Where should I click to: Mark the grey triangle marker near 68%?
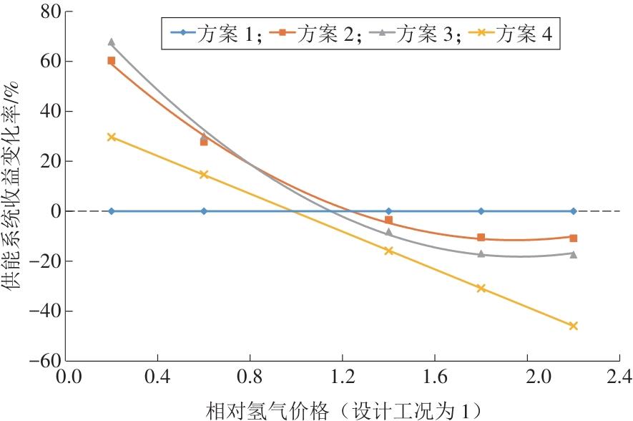tap(111, 42)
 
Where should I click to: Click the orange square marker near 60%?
tap(111, 61)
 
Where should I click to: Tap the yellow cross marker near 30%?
tap(111, 137)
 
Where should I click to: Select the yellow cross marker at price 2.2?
tap(573, 326)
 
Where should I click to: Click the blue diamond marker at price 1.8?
tap(481, 211)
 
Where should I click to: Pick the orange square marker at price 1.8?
tap(481, 238)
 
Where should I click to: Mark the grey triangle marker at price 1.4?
tap(388, 232)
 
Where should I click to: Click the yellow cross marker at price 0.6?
tap(203, 174)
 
